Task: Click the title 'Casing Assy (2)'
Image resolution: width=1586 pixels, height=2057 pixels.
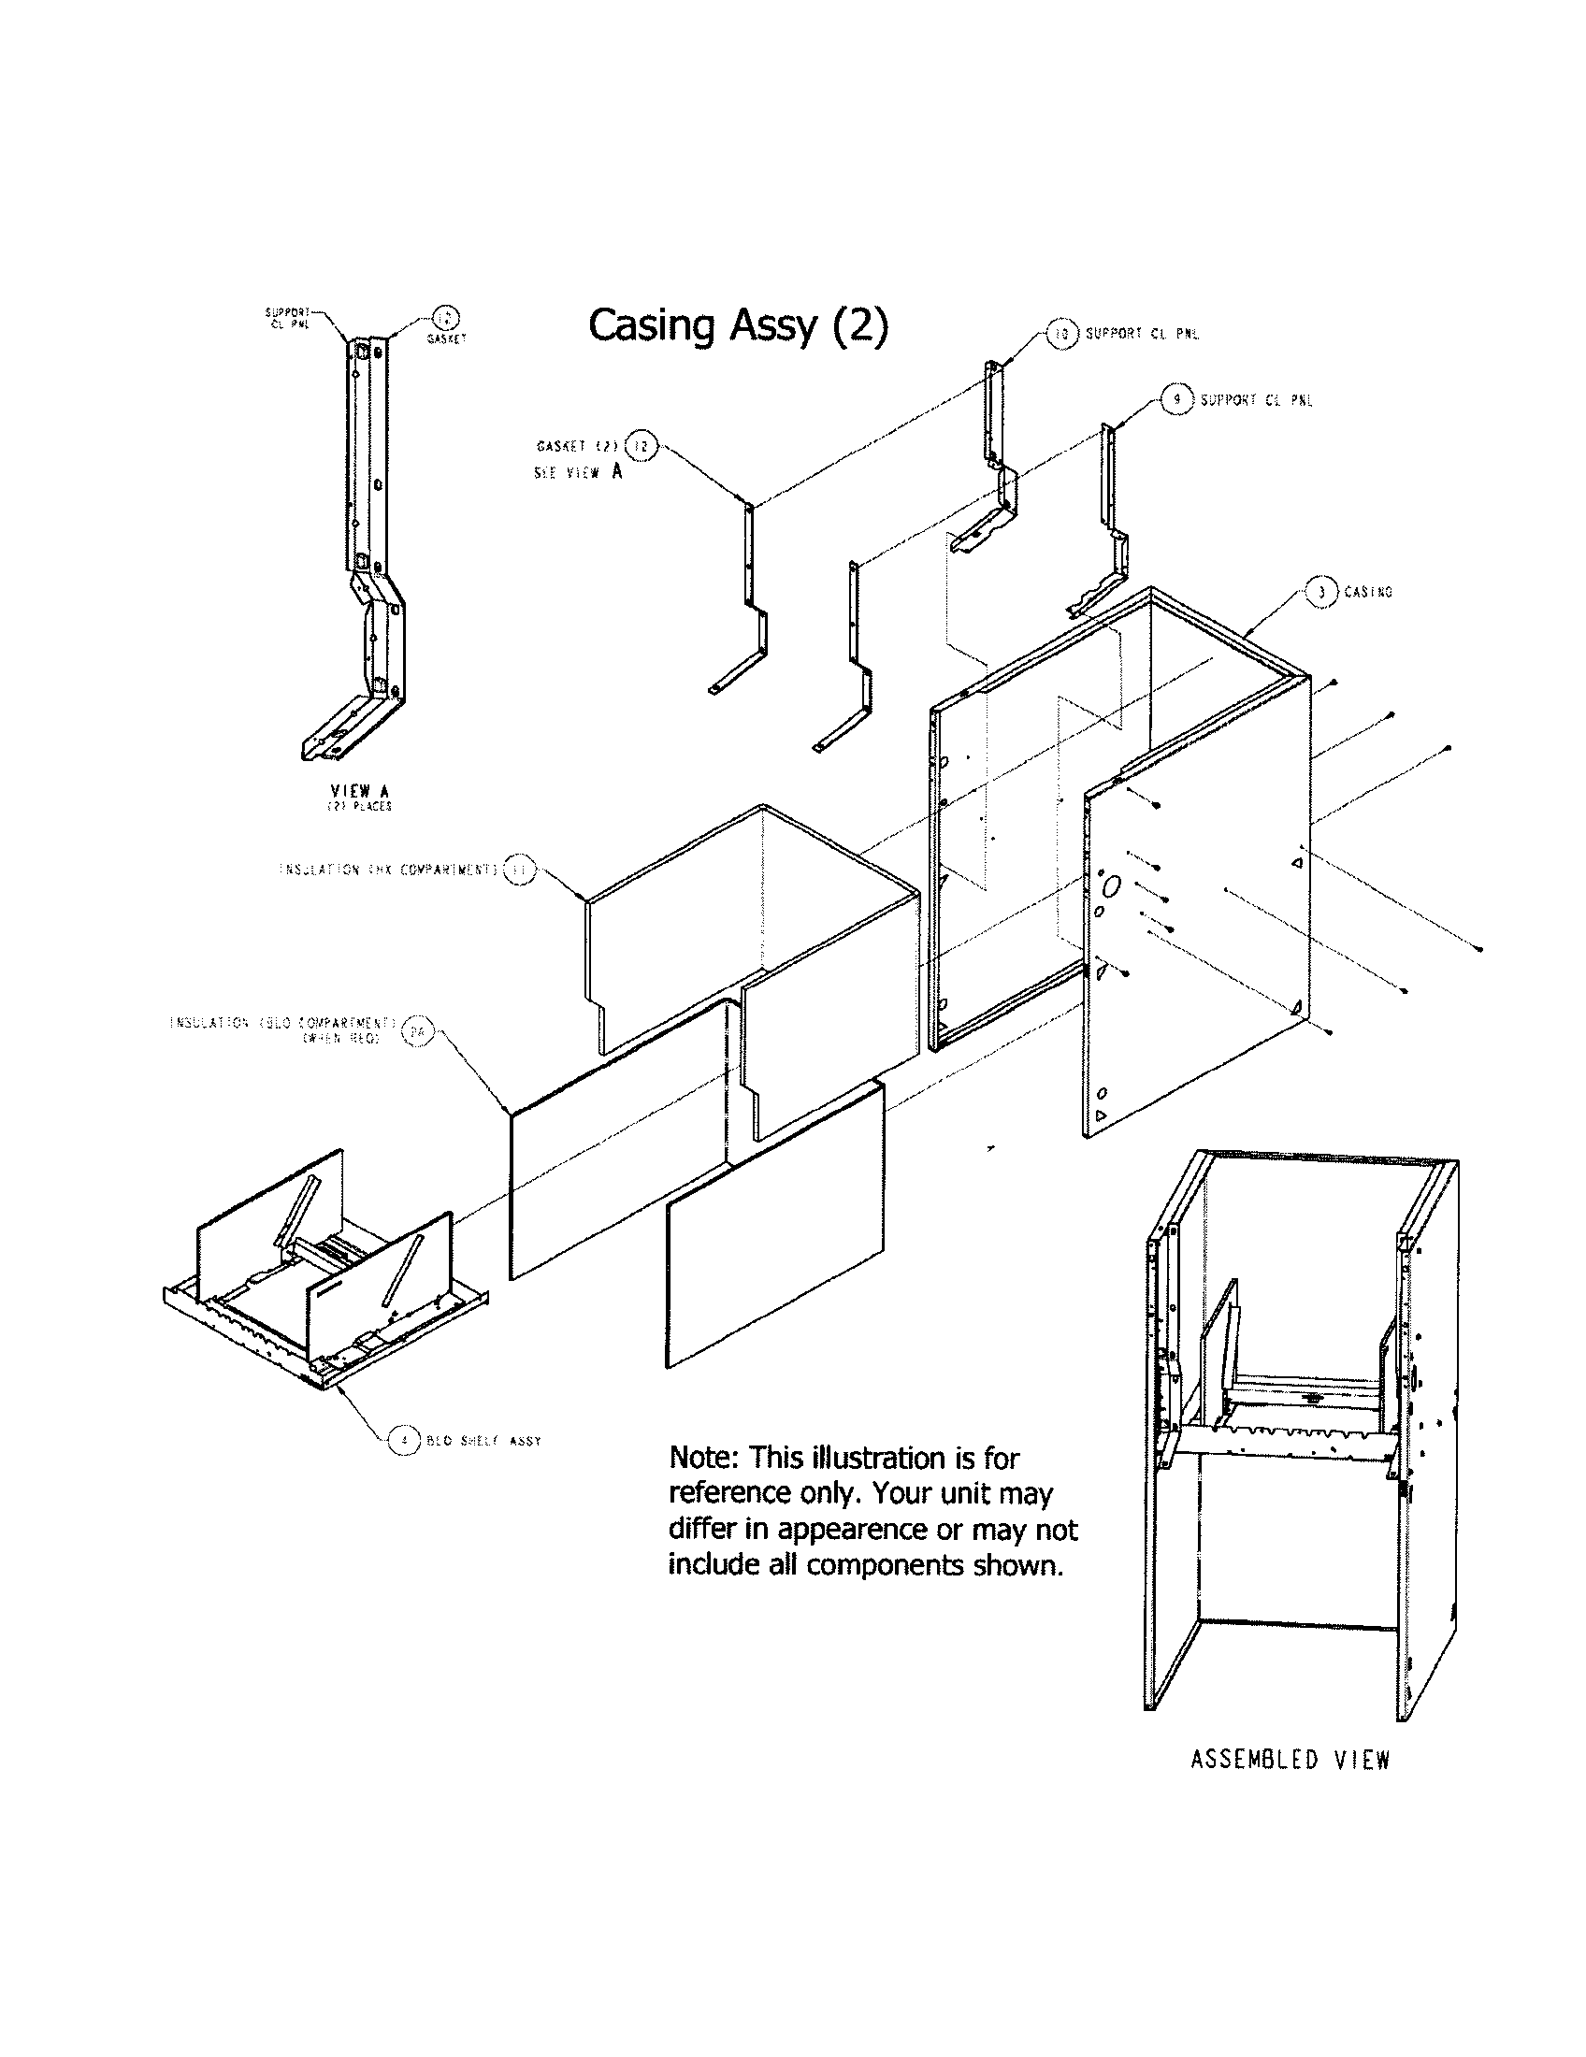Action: pos(738,326)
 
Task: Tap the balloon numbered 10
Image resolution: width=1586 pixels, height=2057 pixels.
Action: pos(1061,334)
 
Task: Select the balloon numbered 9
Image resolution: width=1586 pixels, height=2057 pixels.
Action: pos(1176,399)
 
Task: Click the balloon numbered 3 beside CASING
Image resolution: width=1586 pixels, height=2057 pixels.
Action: pos(1322,592)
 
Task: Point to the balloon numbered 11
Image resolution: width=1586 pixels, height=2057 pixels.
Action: pos(518,870)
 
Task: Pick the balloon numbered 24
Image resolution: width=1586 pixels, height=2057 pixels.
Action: pos(417,1030)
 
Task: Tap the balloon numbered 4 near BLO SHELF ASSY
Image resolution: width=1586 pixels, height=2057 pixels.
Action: pos(404,1440)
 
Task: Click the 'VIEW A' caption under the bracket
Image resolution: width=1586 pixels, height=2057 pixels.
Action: pos(359,791)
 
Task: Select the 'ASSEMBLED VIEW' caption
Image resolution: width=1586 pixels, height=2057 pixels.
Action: pos(1290,1760)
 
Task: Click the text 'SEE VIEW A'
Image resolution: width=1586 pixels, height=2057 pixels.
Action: pos(577,473)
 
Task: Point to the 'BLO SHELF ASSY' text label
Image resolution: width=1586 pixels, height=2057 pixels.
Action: pos(483,1441)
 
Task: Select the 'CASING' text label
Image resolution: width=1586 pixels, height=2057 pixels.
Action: pos(1367,593)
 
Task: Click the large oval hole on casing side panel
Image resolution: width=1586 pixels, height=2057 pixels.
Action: pos(1111,886)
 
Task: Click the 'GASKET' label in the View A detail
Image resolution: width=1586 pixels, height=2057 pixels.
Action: pos(446,339)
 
